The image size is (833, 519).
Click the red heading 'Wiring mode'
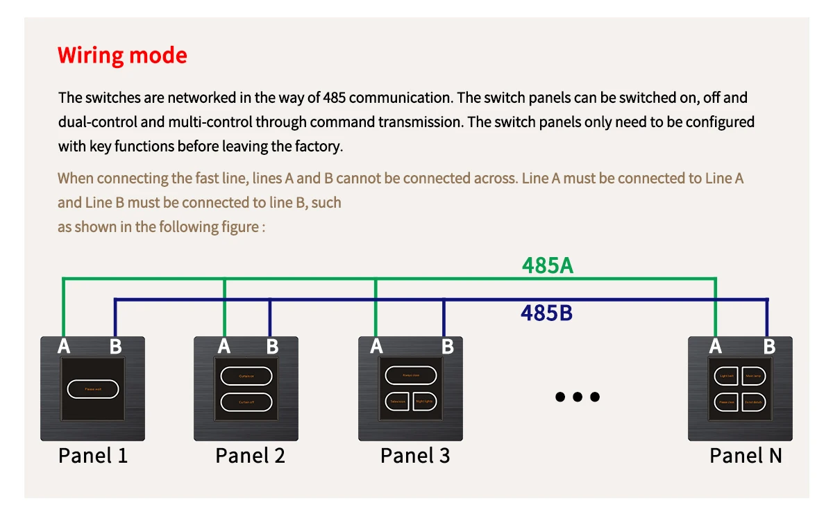[122, 55]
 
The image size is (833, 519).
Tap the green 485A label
[548, 265]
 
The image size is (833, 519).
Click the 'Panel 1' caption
[93, 456]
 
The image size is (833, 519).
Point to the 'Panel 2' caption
[250, 456]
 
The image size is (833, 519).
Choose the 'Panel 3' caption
[415, 456]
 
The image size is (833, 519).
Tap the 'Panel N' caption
[746, 456]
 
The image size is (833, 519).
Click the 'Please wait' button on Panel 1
[92, 389]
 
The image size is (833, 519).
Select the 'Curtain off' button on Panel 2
[246, 402]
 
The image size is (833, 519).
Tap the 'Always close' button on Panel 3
[411, 375]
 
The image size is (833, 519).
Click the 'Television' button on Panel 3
[398, 402]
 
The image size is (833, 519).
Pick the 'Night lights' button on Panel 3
[424, 402]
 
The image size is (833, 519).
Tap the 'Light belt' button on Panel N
[727, 376]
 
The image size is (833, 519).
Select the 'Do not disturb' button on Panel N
[754, 402]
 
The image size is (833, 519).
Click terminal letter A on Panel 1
[64, 346]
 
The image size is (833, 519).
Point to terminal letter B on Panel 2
[272, 346]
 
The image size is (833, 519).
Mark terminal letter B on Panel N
[769, 346]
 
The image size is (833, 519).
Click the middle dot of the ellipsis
[577, 397]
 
